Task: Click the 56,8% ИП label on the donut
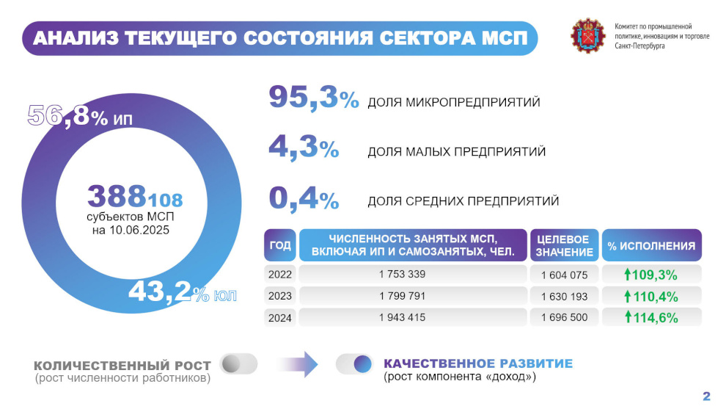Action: coord(81,116)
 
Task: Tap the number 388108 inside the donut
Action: coord(135,197)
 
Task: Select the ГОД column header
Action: coord(280,245)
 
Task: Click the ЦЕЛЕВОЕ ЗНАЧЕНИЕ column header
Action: coord(563,246)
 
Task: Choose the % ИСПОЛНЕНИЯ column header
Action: coord(651,246)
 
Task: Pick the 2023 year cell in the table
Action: coord(280,296)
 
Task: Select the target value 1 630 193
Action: coord(564,296)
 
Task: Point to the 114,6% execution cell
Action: coord(651,318)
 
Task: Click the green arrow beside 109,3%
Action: coord(628,274)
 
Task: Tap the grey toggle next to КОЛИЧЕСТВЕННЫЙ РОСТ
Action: coord(238,363)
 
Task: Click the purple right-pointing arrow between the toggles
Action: coord(296,363)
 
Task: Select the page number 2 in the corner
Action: coord(707,397)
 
